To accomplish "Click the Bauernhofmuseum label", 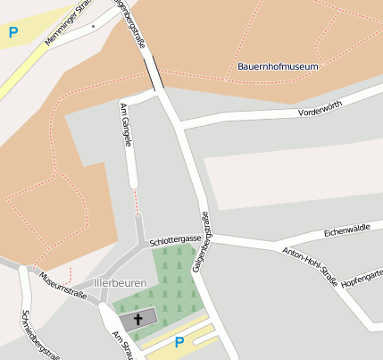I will tap(278, 66).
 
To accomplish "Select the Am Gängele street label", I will tap(127, 125).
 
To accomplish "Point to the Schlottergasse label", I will tap(175, 241).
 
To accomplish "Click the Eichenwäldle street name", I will tap(346, 230).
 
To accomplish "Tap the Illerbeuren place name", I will tap(120, 283).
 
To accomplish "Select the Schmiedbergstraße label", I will tap(39, 335).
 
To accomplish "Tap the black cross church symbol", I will tap(137, 319).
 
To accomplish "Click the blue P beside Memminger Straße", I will tap(13, 33).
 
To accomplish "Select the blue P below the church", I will tap(179, 342).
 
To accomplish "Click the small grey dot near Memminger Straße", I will tap(93, 27).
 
